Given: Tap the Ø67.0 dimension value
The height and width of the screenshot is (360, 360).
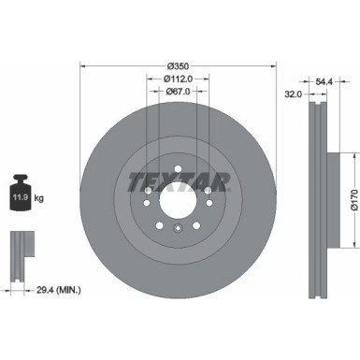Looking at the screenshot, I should coord(179,92).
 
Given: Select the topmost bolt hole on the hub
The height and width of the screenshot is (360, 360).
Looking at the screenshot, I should coord(179,169).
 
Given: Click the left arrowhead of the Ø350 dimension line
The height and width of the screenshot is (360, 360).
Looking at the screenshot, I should coord(83,66).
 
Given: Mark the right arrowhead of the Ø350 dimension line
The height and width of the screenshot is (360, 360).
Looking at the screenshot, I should coord(276,66).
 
